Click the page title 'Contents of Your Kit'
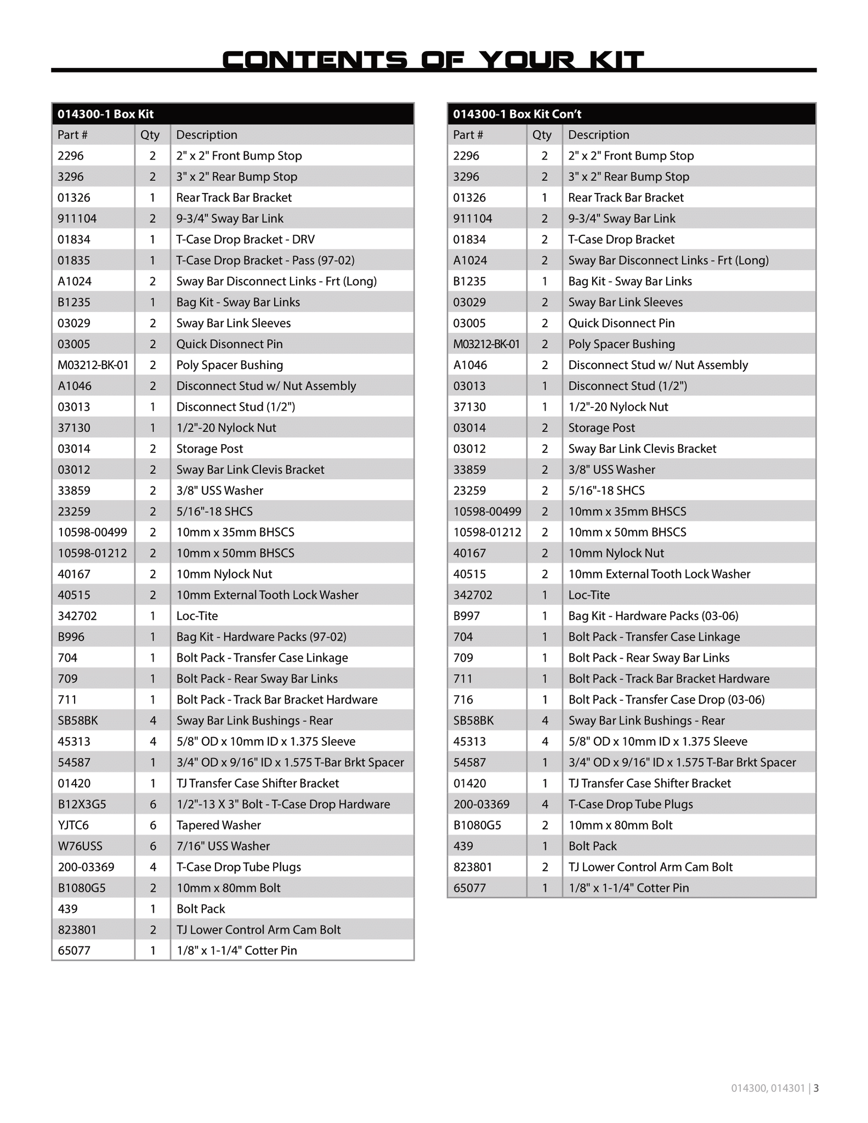click(433, 60)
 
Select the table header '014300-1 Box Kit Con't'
click(517, 114)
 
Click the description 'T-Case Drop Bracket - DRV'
click(245, 240)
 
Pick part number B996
click(71, 637)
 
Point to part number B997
click(466, 616)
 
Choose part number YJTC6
click(73, 825)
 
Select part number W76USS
click(80, 846)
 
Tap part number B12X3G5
click(82, 804)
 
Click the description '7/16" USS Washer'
click(223, 846)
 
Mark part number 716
click(463, 700)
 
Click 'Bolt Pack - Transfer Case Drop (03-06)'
click(666, 700)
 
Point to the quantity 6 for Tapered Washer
click(153, 825)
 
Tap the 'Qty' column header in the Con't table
click(542, 135)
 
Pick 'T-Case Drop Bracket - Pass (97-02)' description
click(265, 260)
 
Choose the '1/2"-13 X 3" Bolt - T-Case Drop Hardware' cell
click(283, 804)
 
